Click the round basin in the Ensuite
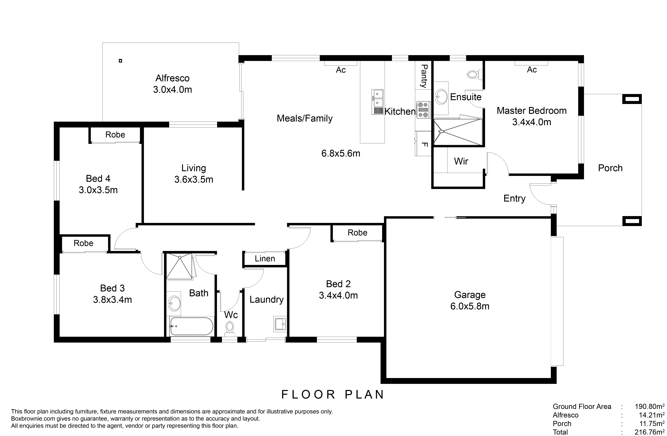point(441,97)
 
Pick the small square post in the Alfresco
point(120,61)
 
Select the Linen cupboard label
point(265,259)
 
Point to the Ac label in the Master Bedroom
point(532,70)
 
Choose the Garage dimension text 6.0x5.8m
point(470,306)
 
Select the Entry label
point(514,199)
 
